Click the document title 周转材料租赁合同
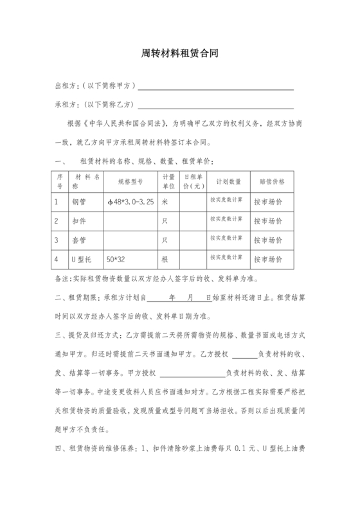coord(180,55)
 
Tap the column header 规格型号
coord(130,181)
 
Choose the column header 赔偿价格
coord(271,181)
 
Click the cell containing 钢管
coord(79,202)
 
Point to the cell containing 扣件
coord(79,220)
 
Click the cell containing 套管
coord(79,240)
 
